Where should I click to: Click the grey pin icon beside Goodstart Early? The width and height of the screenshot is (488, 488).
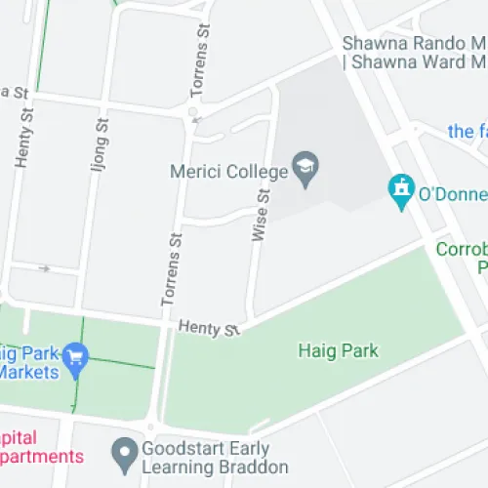(x=123, y=452)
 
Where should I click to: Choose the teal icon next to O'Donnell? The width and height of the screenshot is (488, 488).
(x=400, y=191)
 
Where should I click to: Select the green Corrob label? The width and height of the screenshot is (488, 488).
(x=461, y=250)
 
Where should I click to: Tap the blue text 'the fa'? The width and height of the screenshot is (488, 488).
(x=468, y=131)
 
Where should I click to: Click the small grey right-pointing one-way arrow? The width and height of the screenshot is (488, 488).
(x=44, y=265)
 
